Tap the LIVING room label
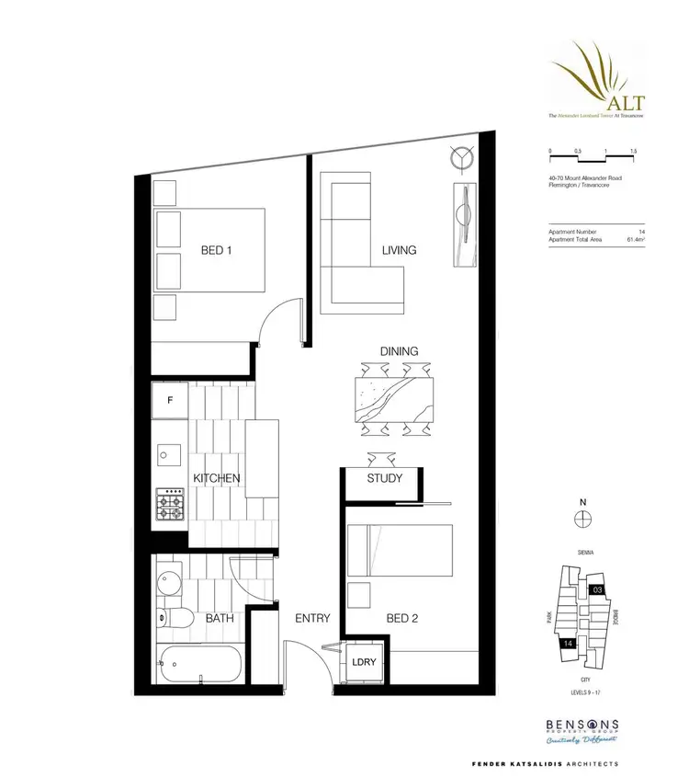tap(400, 250)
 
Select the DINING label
tap(399, 351)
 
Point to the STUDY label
tap(385, 479)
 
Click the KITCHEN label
tap(217, 478)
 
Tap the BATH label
tap(220, 619)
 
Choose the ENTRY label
tap(311, 619)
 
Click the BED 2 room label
tap(401, 619)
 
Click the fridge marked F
tap(171, 401)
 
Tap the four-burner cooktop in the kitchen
tap(171, 506)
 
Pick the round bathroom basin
tap(170, 583)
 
